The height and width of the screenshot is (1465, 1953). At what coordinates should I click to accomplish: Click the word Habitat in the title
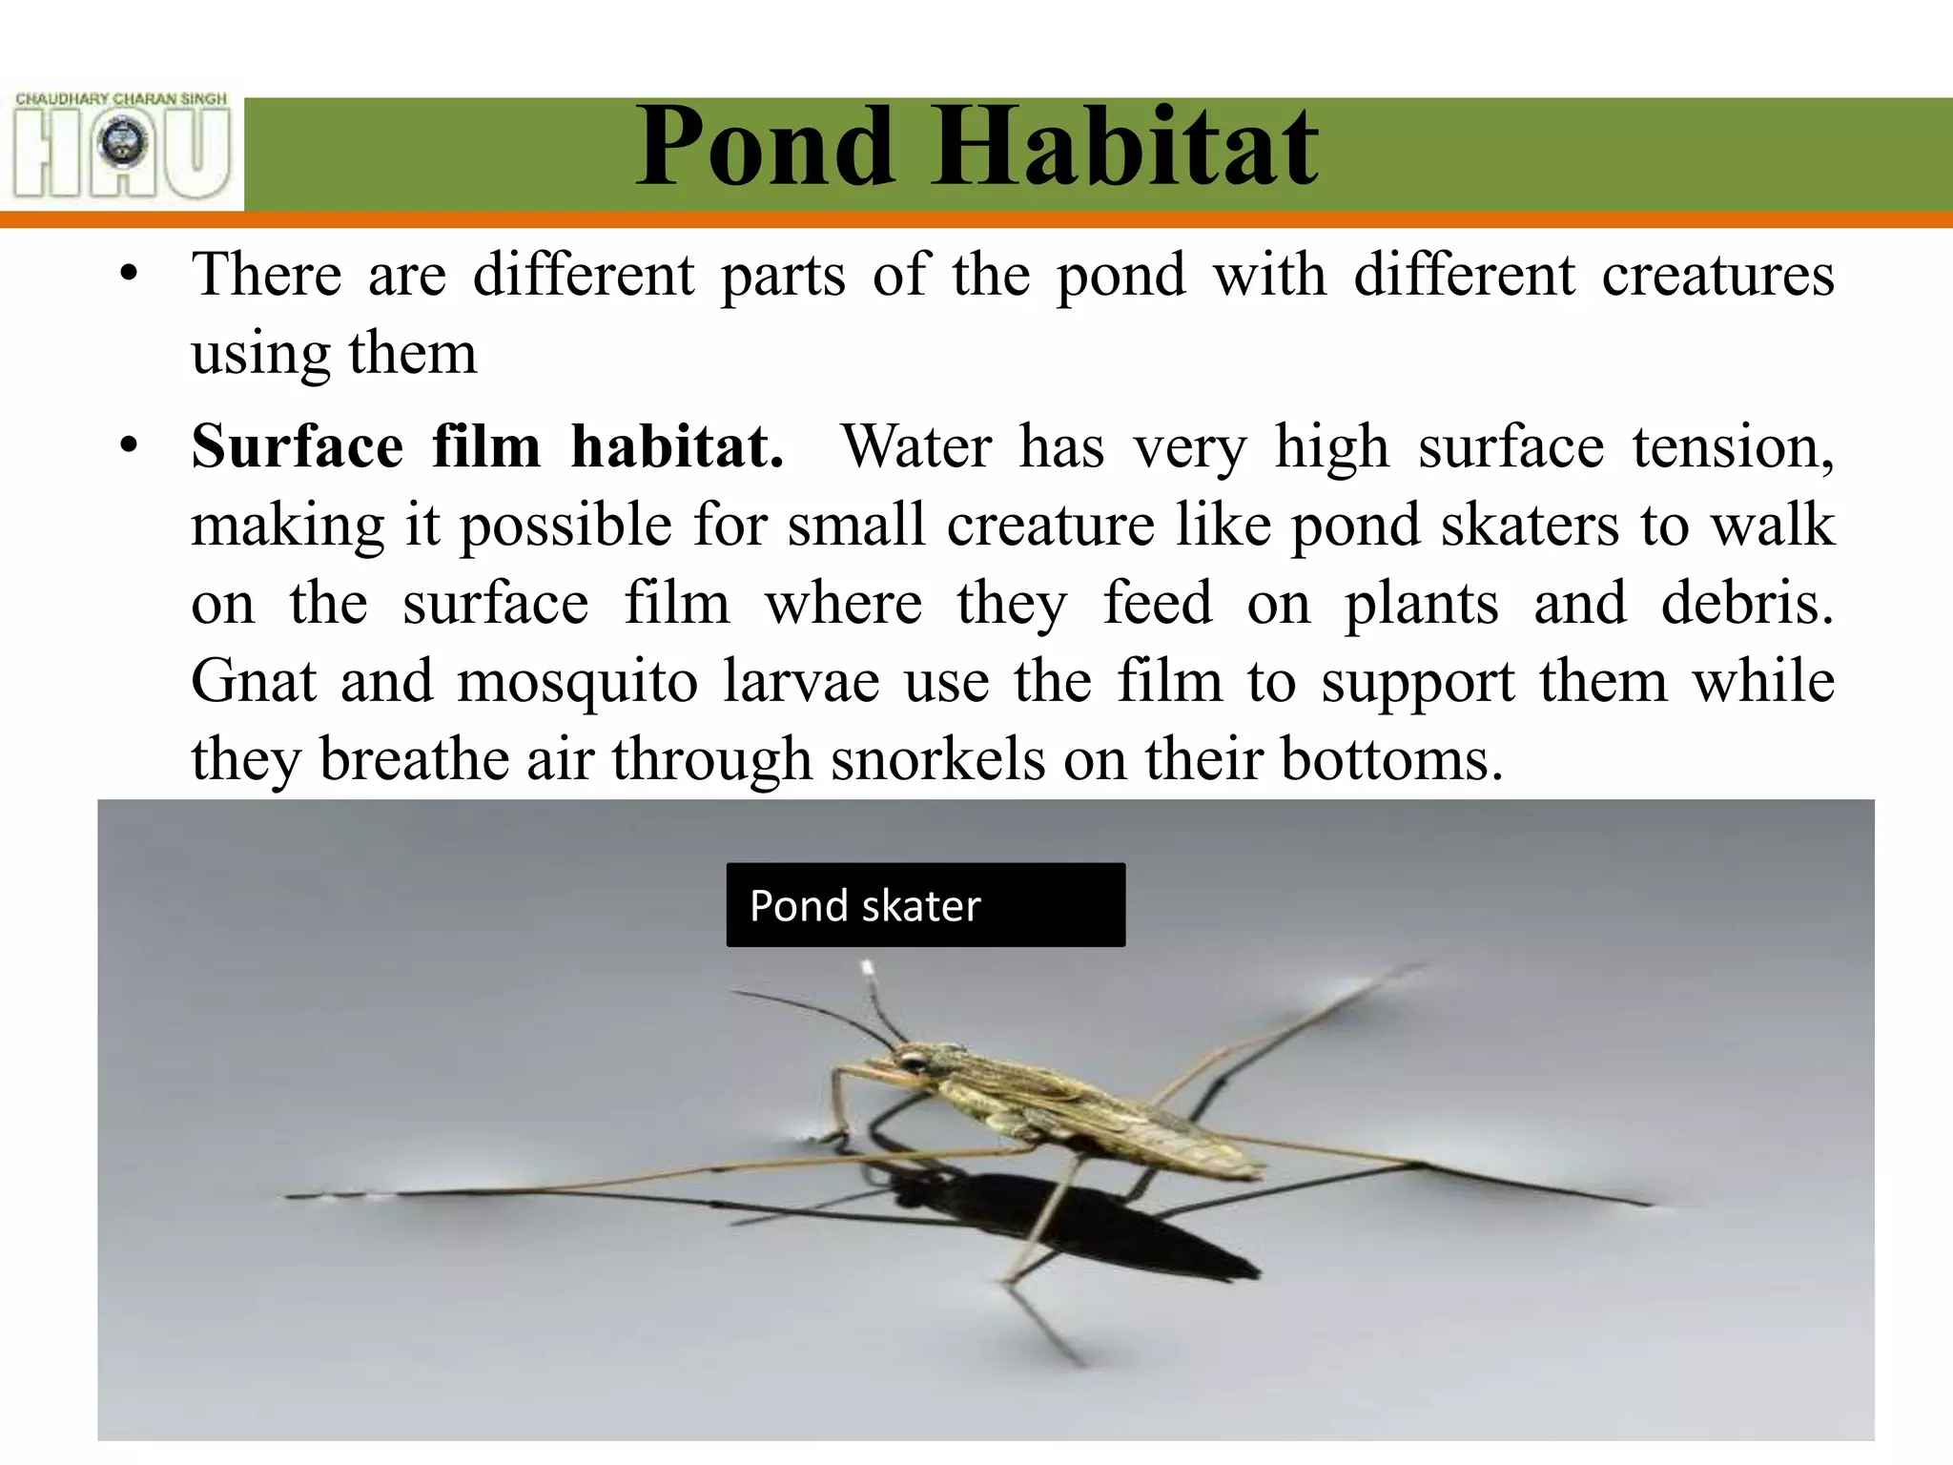1125,148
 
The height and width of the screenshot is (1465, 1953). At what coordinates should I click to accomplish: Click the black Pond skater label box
925,904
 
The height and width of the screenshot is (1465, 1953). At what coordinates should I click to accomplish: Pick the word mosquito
577,681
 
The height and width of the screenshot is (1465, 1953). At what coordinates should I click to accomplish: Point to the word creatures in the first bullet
1717,275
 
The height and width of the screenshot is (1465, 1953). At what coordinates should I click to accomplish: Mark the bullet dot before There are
130,276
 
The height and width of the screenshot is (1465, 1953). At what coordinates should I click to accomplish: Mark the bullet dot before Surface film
130,446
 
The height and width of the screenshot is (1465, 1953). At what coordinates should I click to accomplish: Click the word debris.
1745,603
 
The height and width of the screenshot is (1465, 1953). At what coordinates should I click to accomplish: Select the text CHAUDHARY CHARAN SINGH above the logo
122,98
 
